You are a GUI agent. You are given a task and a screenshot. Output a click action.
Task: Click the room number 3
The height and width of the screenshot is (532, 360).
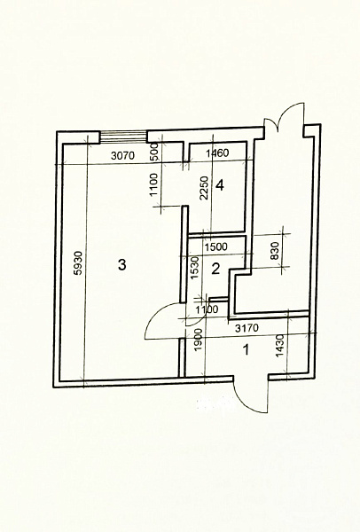coord(121,264)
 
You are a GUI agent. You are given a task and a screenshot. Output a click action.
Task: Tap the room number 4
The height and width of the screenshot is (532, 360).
coord(220,185)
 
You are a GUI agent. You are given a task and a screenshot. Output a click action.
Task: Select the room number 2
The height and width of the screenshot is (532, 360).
coord(215,269)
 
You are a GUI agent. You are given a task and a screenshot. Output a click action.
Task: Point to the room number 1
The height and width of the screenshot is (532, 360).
coord(247,349)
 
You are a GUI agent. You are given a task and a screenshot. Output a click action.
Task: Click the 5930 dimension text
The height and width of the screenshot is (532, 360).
coord(78,263)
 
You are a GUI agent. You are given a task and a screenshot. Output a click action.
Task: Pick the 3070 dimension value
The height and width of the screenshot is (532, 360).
coord(123,156)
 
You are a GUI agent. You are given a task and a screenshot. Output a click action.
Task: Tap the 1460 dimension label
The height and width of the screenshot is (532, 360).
coord(217,153)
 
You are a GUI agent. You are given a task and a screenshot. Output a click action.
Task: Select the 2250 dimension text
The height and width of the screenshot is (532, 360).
coord(204,188)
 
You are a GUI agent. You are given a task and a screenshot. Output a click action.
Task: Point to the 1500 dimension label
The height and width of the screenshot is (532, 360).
coord(216,246)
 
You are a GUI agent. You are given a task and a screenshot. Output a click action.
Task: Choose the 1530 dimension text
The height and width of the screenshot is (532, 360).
coord(194,268)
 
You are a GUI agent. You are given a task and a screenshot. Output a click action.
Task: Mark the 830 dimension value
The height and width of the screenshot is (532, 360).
coord(275,251)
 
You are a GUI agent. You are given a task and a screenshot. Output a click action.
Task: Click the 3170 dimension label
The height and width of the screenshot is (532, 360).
coord(247,328)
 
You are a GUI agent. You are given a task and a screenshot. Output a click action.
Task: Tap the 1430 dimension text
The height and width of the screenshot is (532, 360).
coord(279,346)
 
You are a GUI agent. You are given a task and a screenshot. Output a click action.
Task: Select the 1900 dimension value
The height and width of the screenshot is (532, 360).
coord(199,340)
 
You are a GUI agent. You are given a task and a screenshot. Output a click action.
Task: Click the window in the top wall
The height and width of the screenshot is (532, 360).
coord(124,137)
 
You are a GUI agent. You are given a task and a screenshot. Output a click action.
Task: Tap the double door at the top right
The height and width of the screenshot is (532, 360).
coord(285,117)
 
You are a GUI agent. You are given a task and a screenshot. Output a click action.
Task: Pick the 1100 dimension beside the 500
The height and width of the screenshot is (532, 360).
coord(154,184)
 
